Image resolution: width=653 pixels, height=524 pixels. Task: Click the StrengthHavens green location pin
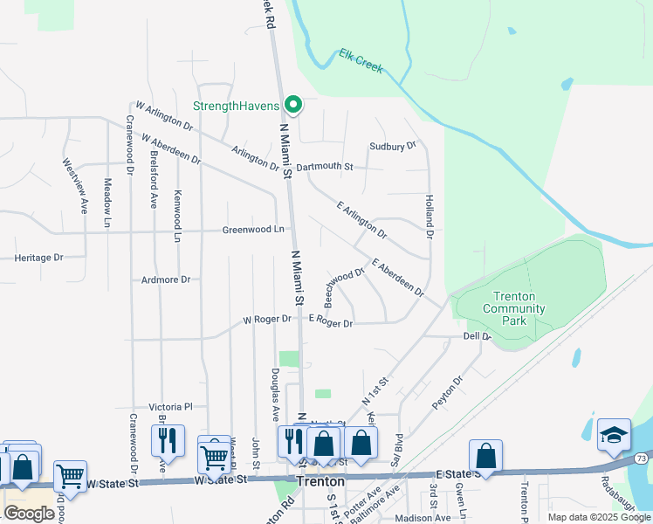pyautogui.click(x=293, y=106)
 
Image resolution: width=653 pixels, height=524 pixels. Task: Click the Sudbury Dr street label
pyautogui.click(x=393, y=147)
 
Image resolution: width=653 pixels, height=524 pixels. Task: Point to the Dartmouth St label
pyautogui.click(x=324, y=166)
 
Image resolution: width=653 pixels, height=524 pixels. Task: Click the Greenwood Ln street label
pyautogui.click(x=253, y=230)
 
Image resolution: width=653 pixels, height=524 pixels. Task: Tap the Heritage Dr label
pyautogui.click(x=40, y=258)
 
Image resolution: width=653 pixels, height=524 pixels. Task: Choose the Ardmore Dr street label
pyautogui.click(x=166, y=279)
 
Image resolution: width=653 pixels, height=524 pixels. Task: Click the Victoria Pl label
pyautogui.click(x=170, y=407)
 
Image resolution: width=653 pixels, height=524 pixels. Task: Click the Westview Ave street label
pyautogui.click(x=75, y=185)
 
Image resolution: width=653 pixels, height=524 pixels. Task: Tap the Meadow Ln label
pyautogui.click(x=107, y=203)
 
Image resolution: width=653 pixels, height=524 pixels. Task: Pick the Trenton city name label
pyautogui.click(x=320, y=481)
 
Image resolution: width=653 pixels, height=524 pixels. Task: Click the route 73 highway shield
pyautogui.click(x=642, y=458)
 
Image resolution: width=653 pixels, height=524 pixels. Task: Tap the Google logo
pyautogui.click(x=29, y=514)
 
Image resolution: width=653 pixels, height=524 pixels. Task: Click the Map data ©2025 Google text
pyautogui.click(x=599, y=517)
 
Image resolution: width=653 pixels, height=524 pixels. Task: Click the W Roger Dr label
pyautogui.click(x=267, y=320)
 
